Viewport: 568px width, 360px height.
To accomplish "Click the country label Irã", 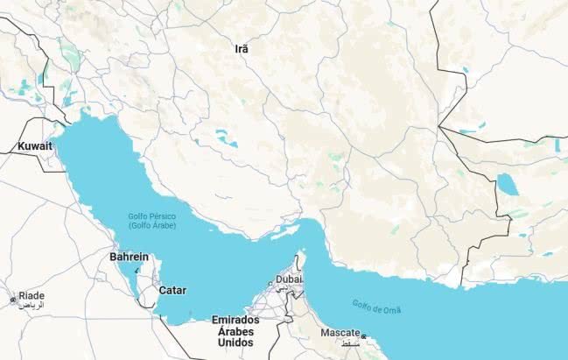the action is tap(242, 49).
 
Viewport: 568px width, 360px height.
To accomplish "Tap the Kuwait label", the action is tap(35, 146).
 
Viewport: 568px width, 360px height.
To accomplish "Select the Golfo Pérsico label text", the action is tap(151, 215).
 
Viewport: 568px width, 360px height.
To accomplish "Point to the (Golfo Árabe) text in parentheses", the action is tap(151, 225).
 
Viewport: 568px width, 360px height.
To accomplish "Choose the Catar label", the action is tap(172, 290).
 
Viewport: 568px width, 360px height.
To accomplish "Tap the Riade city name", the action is tap(32, 296).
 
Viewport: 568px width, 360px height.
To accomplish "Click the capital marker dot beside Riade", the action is tap(12, 300).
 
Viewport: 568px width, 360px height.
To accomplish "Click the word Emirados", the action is tap(235, 320).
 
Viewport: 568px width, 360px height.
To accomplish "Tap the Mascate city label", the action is tap(340, 333).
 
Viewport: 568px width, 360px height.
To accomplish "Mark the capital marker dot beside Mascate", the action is tap(364, 336).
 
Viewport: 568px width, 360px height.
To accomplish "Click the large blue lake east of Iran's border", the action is tap(507, 184).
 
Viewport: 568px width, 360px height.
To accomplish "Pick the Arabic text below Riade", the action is tap(32, 306).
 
